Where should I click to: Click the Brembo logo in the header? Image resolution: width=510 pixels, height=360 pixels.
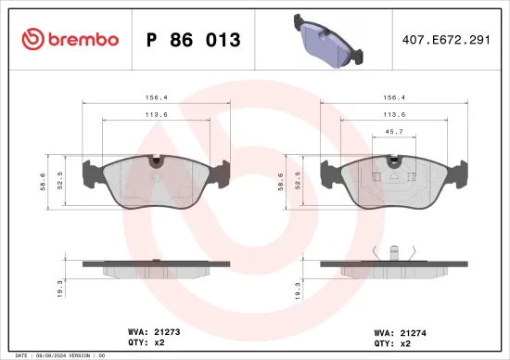(70, 39)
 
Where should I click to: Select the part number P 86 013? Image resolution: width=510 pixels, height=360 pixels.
(194, 40)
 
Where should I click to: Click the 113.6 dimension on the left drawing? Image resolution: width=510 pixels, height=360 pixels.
(154, 114)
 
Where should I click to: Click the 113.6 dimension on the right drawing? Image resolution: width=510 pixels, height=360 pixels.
(393, 114)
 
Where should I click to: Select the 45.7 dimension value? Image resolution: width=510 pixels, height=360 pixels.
(393, 132)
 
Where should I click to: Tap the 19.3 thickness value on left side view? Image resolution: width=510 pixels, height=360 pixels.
(62, 289)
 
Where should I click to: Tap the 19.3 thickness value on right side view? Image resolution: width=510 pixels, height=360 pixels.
(300, 289)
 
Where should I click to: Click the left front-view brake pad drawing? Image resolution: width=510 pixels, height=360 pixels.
(154, 181)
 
